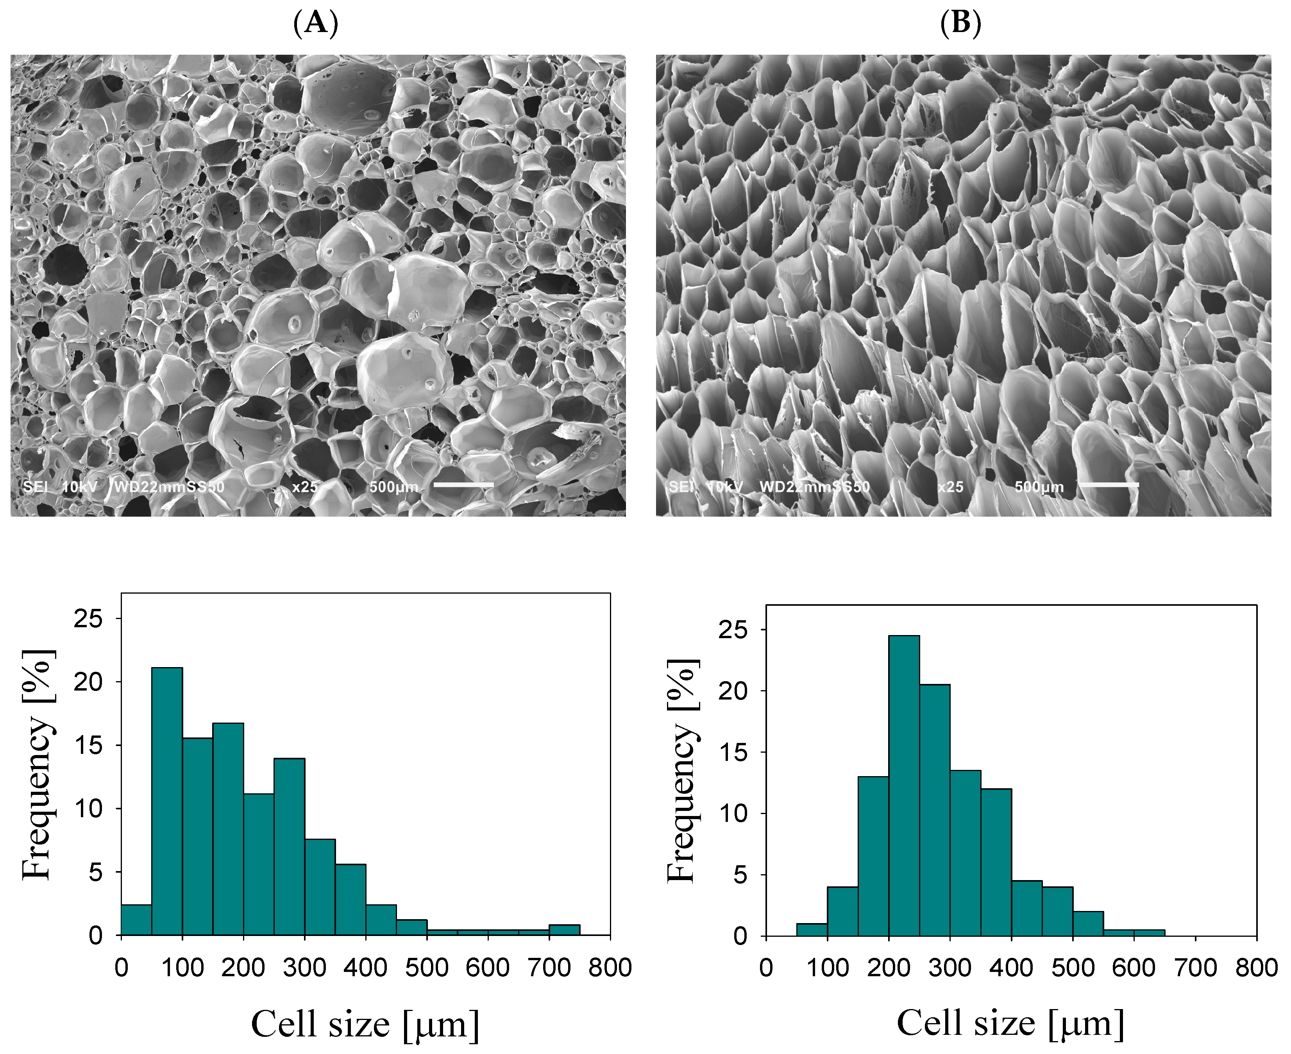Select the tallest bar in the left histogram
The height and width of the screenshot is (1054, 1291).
click(x=167, y=802)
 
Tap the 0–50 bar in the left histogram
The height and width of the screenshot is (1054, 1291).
click(x=137, y=920)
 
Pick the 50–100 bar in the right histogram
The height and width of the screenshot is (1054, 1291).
click(x=812, y=930)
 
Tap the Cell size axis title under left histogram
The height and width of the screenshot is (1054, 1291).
click(x=365, y=1025)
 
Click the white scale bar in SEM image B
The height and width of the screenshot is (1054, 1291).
click(x=1109, y=485)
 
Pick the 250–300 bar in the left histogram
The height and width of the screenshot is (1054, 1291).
click(x=289, y=847)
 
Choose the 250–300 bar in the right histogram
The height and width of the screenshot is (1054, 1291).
click(x=935, y=811)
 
